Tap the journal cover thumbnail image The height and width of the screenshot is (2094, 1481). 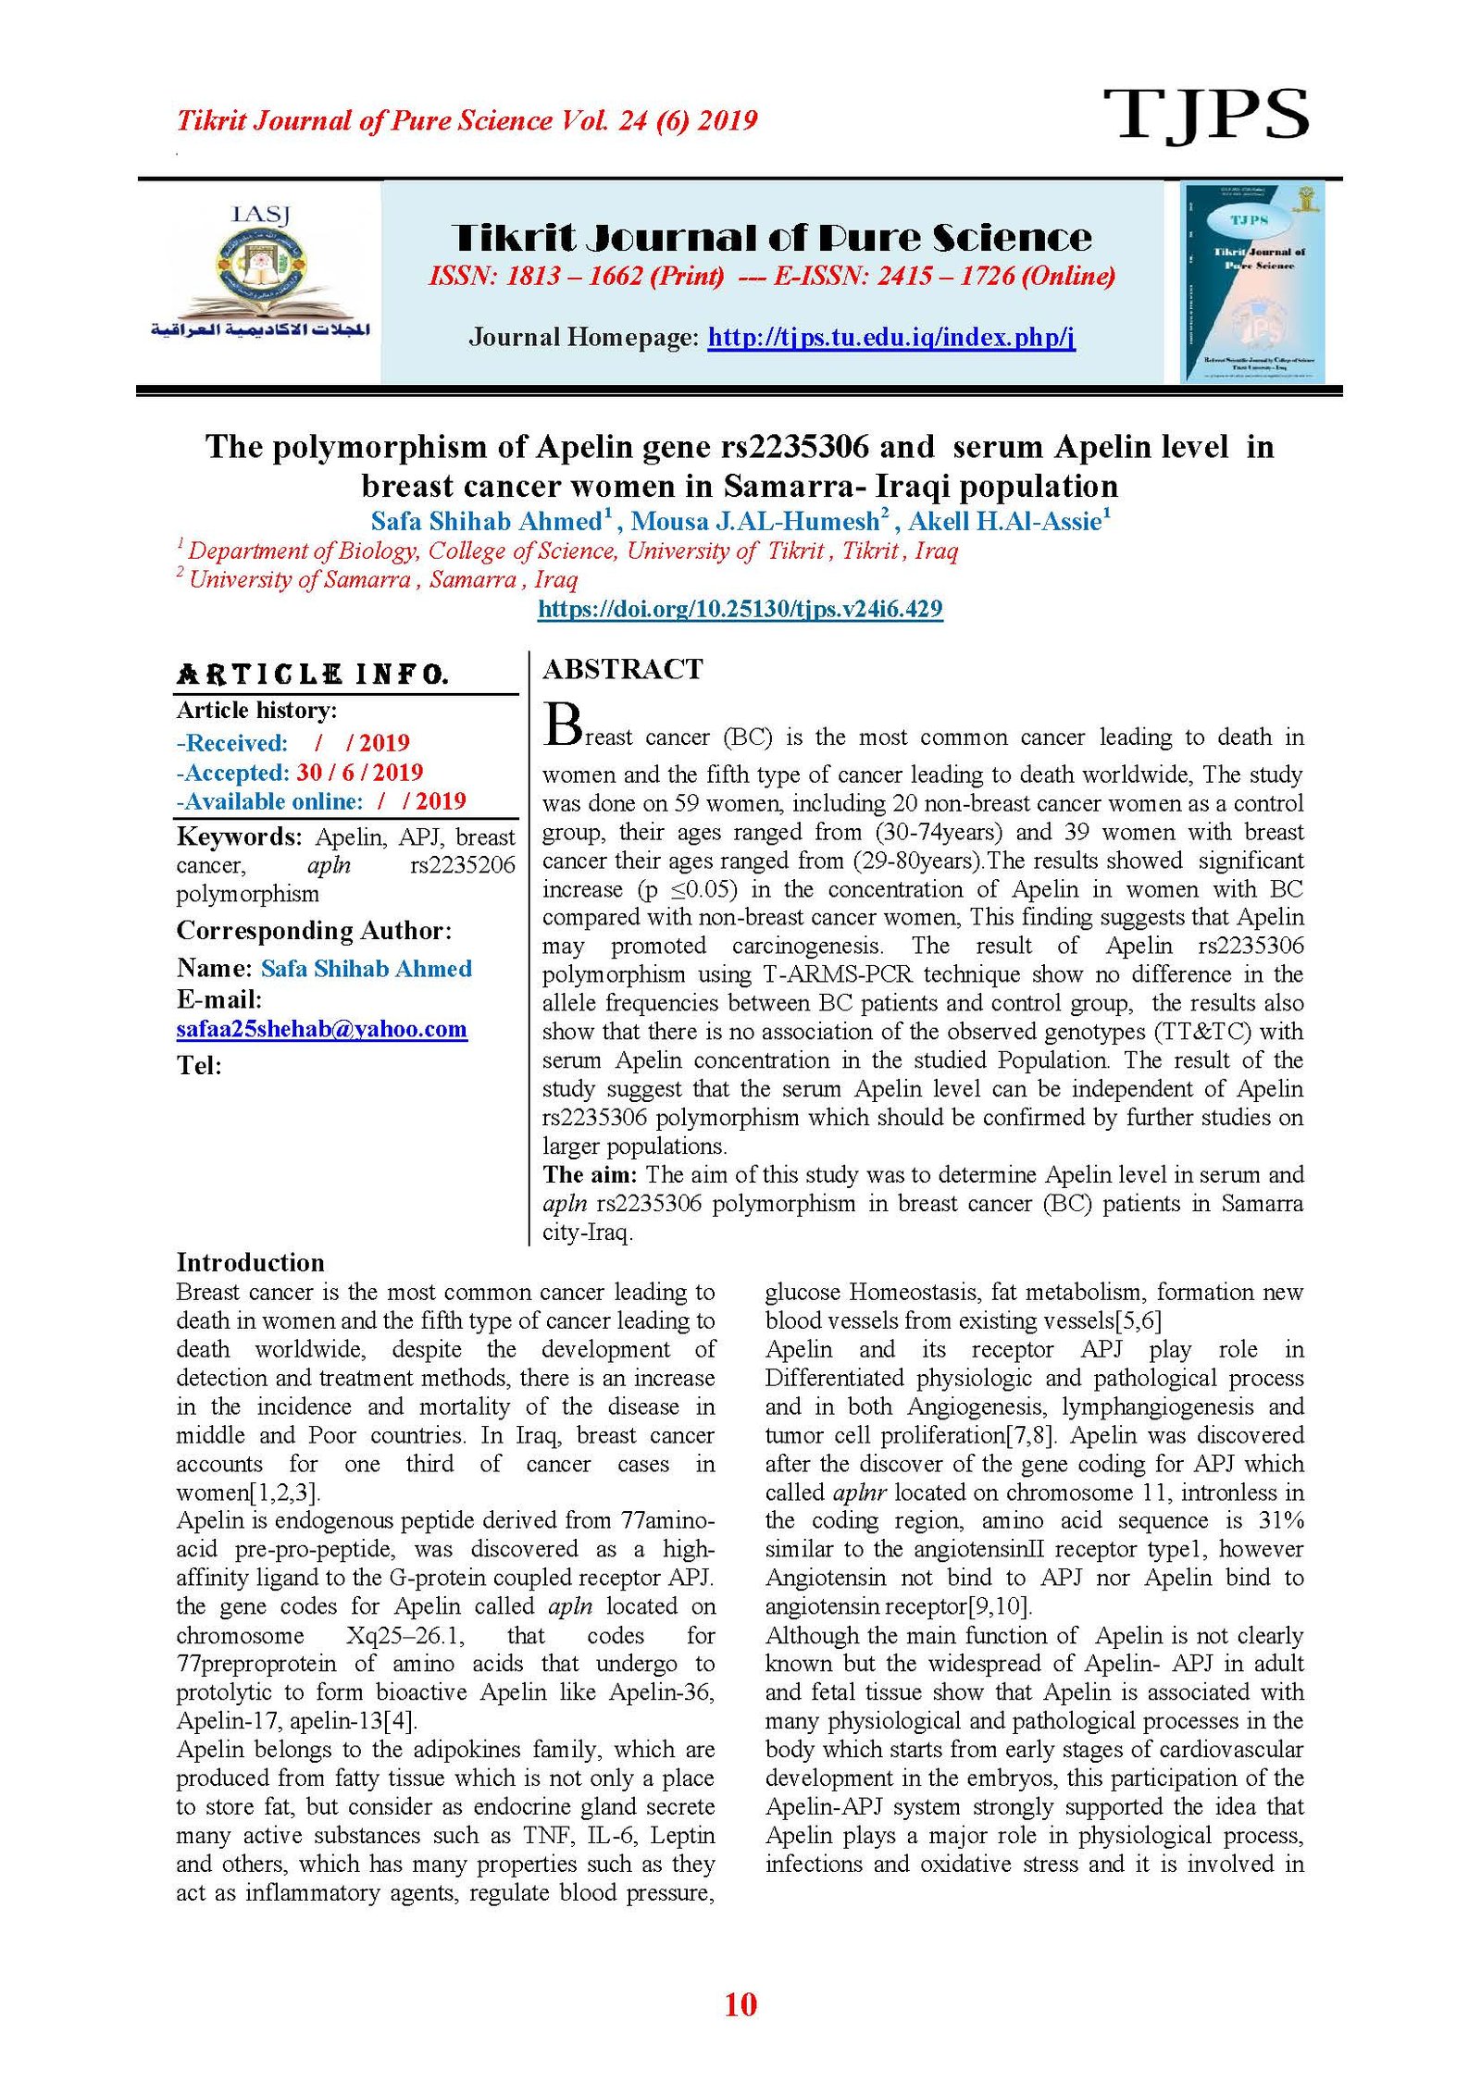(x=1252, y=282)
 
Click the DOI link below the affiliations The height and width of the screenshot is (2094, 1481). (x=740, y=609)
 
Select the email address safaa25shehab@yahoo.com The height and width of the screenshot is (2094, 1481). (x=321, y=1029)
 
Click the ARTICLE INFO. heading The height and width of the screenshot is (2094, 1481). (x=313, y=675)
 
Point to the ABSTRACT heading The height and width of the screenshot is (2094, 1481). (x=623, y=669)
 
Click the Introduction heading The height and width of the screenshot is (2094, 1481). (x=250, y=1263)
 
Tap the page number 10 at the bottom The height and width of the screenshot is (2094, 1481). (x=740, y=2003)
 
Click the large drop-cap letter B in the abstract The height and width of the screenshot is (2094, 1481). (x=562, y=725)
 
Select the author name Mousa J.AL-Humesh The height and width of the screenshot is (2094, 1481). (x=754, y=522)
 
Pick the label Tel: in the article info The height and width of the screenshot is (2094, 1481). (x=199, y=1066)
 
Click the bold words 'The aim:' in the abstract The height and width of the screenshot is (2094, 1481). (x=590, y=1175)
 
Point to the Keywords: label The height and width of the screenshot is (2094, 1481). (x=239, y=837)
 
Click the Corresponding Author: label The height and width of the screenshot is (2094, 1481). (x=314, y=931)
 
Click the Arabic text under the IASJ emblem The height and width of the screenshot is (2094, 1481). (x=260, y=330)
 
